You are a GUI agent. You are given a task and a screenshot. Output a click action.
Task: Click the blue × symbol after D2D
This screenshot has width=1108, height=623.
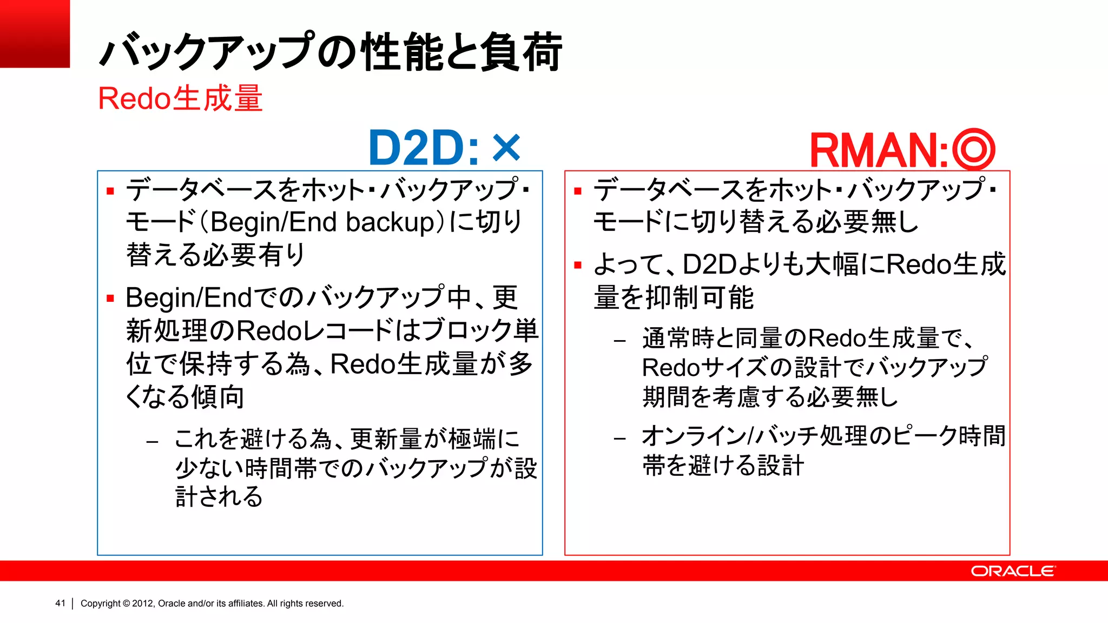tap(506, 148)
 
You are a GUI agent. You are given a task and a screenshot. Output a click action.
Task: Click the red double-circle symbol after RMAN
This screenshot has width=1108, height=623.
tap(973, 149)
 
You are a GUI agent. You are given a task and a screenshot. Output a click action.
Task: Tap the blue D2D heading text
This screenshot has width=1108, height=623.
tap(423, 148)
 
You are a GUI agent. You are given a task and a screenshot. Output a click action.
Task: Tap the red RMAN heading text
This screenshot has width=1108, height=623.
tap(879, 150)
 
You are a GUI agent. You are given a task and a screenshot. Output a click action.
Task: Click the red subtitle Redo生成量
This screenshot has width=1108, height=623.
tap(180, 98)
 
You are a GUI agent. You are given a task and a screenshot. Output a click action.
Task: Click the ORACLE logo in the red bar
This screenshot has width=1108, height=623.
tap(1012, 571)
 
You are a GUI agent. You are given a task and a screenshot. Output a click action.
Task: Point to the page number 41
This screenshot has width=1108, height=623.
tap(60, 603)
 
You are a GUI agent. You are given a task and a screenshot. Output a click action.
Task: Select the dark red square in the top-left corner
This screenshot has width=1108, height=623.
tap(35, 34)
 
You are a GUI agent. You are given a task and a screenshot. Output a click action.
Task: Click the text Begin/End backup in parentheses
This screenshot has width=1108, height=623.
tap(322, 222)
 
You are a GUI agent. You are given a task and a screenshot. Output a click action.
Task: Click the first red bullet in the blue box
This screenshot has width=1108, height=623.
tap(111, 191)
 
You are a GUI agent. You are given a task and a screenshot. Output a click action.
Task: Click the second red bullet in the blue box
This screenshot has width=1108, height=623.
tap(111, 298)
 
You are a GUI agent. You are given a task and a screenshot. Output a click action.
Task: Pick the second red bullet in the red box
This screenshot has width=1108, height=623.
tap(578, 265)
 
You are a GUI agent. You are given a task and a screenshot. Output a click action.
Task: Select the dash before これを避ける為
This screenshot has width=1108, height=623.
tap(152, 441)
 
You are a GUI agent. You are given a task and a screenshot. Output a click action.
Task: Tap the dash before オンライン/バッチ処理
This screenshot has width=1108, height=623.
tap(620, 438)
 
